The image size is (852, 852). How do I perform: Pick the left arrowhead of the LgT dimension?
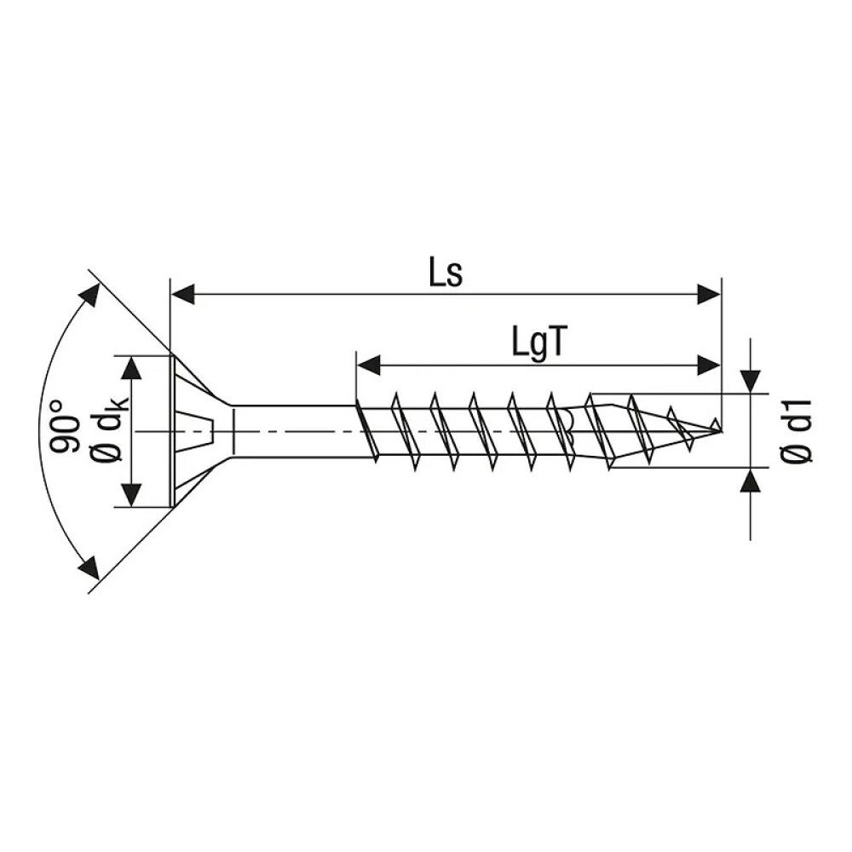point(367,365)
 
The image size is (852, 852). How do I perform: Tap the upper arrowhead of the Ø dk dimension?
point(132,368)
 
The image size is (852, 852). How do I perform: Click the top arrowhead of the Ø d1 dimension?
point(750,382)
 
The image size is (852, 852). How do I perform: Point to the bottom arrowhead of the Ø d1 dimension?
point(750,481)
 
